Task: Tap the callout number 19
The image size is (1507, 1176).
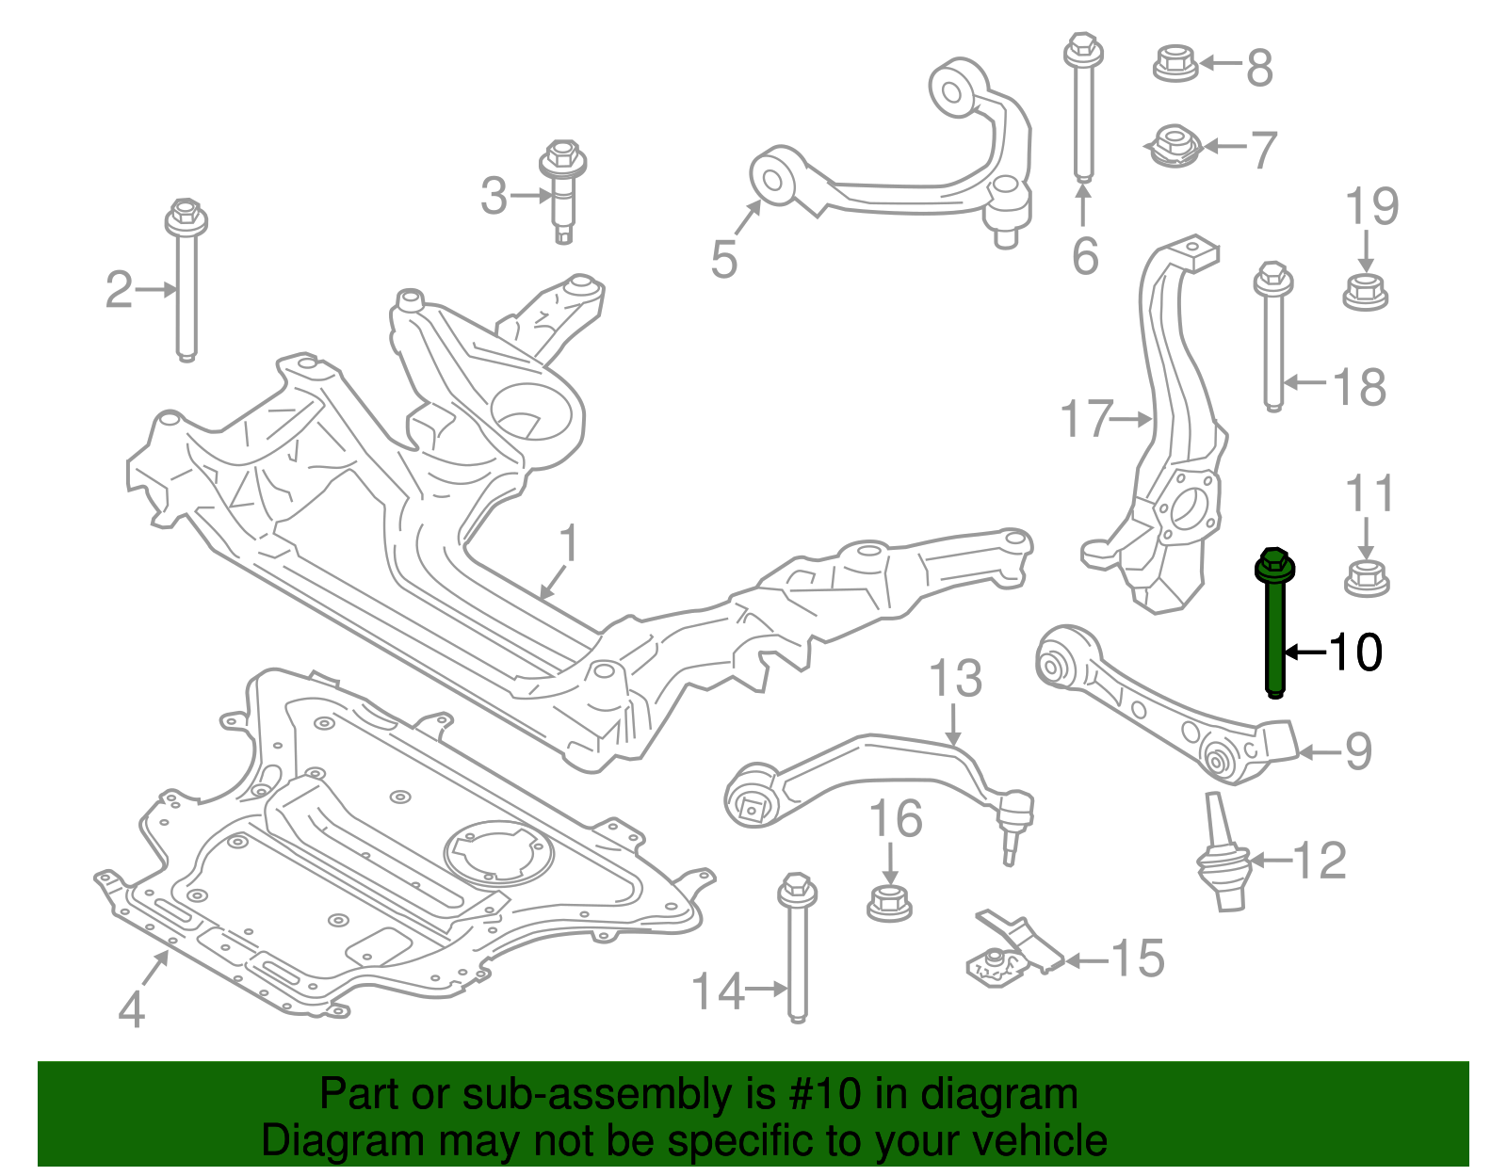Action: click(1371, 207)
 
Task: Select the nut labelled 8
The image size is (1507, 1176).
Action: click(1175, 63)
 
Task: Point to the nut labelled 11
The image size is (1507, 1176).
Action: click(1367, 577)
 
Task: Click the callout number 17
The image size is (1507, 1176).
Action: click(1086, 419)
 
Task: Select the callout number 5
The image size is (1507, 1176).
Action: click(723, 260)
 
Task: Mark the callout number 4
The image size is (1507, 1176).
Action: click(132, 1010)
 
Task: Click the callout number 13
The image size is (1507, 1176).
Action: click(955, 678)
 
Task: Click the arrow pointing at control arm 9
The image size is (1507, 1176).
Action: click(1318, 752)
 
